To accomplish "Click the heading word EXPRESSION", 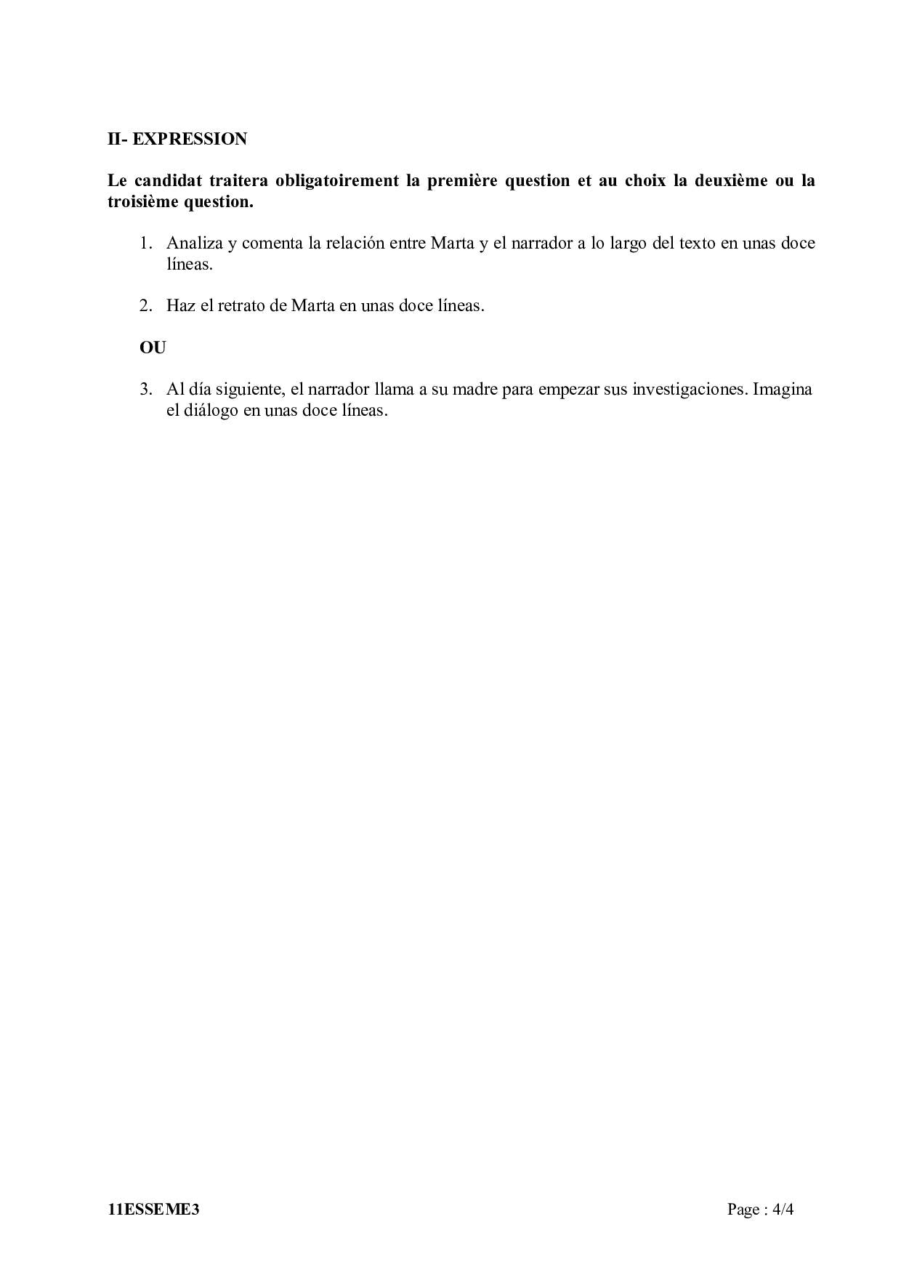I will click(x=190, y=139).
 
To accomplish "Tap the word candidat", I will click(x=167, y=180).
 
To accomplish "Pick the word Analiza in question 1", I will click(x=194, y=243).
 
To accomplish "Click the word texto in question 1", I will click(x=697, y=243).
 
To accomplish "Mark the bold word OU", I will click(x=153, y=347).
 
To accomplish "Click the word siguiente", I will click(x=246, y=389).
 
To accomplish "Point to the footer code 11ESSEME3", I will click(x=153, y=1210).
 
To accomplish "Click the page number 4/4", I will click(x=783, y=1210).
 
